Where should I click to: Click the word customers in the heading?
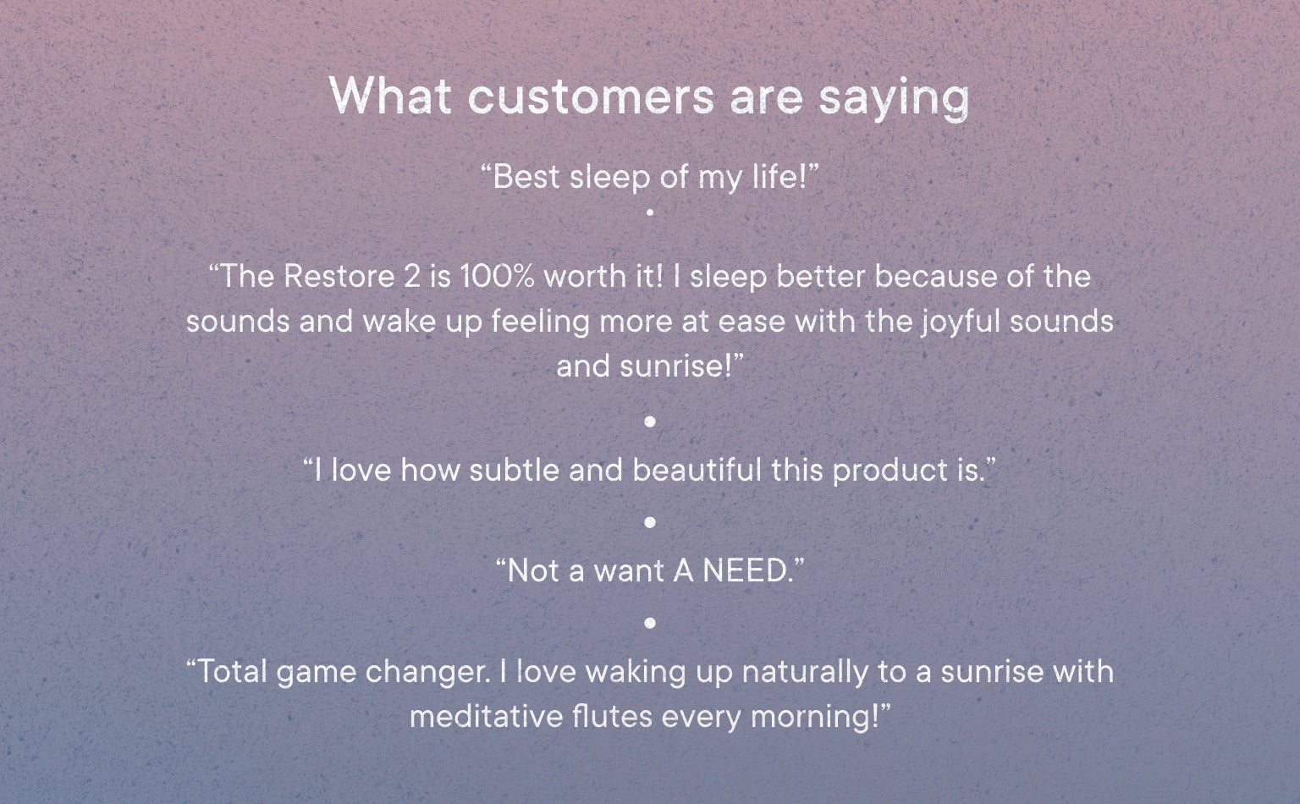pos(591,96)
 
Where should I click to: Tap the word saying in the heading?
pos(894,100)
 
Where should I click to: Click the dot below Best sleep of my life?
pos(650,212)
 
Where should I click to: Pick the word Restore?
pos(339,276)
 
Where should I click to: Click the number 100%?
pos(497,276)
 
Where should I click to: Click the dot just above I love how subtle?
pos(650,421)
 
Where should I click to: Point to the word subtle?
pos(515,470)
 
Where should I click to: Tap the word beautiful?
pos(697,470)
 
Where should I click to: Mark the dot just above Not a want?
pos(650,522)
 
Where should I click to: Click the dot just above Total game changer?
pos(650,623)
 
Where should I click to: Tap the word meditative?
pos(487,716)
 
